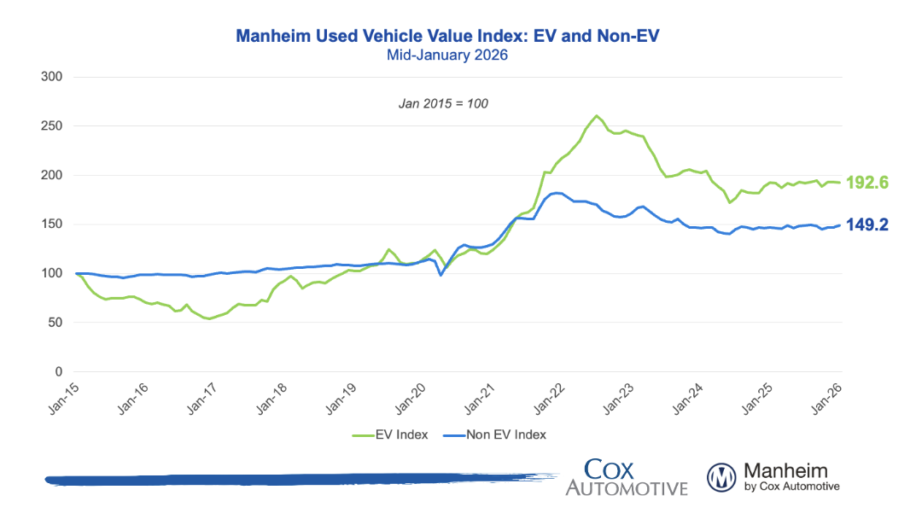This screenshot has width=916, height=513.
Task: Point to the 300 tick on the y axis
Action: (x=52, y=77)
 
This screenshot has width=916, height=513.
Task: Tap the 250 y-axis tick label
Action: (x=52, y=126)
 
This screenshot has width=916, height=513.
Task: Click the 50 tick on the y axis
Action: (x=55, y=323)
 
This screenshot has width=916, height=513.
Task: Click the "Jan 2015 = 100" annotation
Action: (x=443, y=103)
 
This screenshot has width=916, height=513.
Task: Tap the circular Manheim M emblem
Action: (x=721, y=476)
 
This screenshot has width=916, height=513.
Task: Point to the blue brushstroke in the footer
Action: (x=290, y=479)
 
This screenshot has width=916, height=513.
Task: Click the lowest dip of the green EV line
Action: (x=208, y=319)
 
